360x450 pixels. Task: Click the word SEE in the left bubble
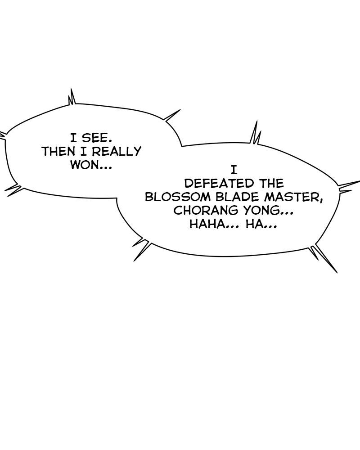[96, 138]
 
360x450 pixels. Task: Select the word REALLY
[117, 151]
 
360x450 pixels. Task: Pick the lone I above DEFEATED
[234, 170]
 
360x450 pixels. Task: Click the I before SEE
[74, 138]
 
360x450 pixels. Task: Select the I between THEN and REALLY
[84, 151]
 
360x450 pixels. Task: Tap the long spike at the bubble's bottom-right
[324, 258]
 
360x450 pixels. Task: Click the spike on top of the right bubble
[255, 133]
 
